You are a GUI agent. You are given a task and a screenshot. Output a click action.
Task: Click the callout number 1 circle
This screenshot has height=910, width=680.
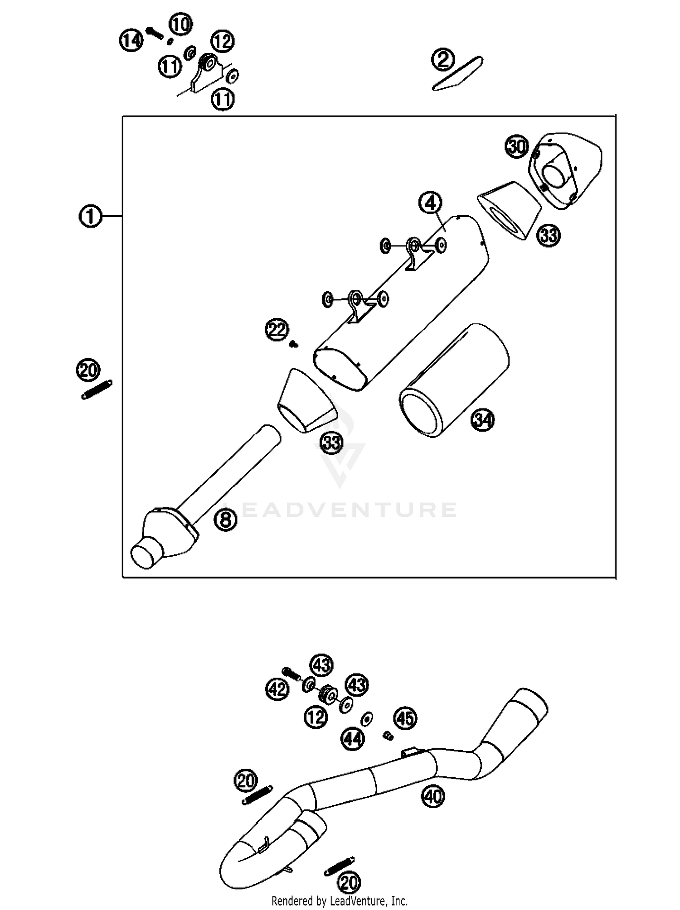(90, 216)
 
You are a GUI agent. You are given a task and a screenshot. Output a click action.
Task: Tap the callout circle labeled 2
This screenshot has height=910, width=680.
(442, 59)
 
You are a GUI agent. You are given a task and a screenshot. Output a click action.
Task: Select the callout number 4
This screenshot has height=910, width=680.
(430, 202)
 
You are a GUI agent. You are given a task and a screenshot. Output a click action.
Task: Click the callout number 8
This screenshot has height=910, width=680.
(225, 520)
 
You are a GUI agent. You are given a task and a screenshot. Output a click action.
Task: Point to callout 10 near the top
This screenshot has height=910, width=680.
(180, 24)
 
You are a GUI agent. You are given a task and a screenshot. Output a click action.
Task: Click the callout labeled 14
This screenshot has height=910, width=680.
(131, 41)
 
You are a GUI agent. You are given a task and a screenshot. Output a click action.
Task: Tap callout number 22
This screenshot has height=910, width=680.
(277, 329)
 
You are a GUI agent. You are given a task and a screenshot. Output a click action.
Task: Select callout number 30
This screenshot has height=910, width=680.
(517, 147)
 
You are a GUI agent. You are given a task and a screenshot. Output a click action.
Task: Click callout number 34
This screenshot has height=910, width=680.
(483, 420)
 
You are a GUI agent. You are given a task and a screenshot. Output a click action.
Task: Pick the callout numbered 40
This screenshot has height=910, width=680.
(433, 796)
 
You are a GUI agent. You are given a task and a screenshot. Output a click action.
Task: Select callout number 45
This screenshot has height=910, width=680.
(405, 718)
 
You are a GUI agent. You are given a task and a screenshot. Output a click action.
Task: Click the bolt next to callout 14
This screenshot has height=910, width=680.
(155, 33)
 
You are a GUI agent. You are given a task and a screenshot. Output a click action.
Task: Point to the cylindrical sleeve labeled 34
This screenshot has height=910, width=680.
(453, 380)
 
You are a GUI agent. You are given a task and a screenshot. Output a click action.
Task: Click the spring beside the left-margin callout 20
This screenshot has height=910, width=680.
(97, 390)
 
